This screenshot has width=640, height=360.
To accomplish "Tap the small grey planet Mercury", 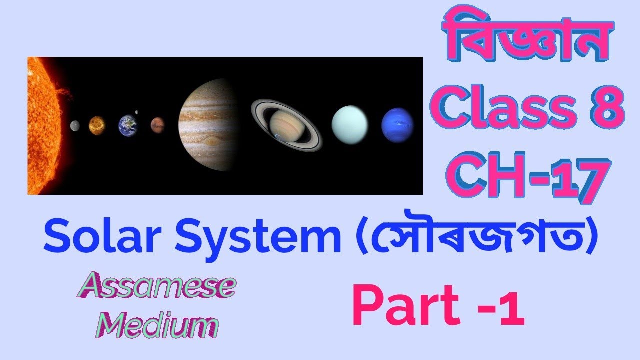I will click(75, 126).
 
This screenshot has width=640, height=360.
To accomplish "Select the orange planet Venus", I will click(97, 125).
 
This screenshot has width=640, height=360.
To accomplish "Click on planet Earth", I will click(128, 125).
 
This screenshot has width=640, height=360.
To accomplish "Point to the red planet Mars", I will click(157, 124).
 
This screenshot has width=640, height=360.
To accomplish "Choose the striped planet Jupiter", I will click(207, 125).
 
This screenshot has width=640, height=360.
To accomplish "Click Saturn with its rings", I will click(286, 125).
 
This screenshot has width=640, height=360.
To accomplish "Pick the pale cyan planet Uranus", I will click(350, 125).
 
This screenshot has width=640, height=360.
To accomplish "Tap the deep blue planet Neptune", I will click(397, 125).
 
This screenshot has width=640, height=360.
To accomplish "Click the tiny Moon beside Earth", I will click(136, 112).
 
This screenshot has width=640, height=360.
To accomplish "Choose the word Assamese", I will click(155, 286).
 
